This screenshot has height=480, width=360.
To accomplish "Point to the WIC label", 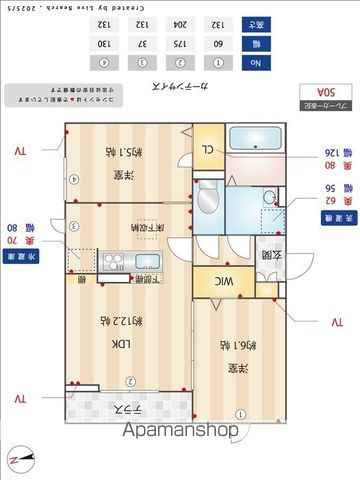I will [227, 283].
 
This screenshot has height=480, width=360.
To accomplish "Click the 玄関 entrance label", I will [268, 256].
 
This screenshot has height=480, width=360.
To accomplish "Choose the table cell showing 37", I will [143, 44].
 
